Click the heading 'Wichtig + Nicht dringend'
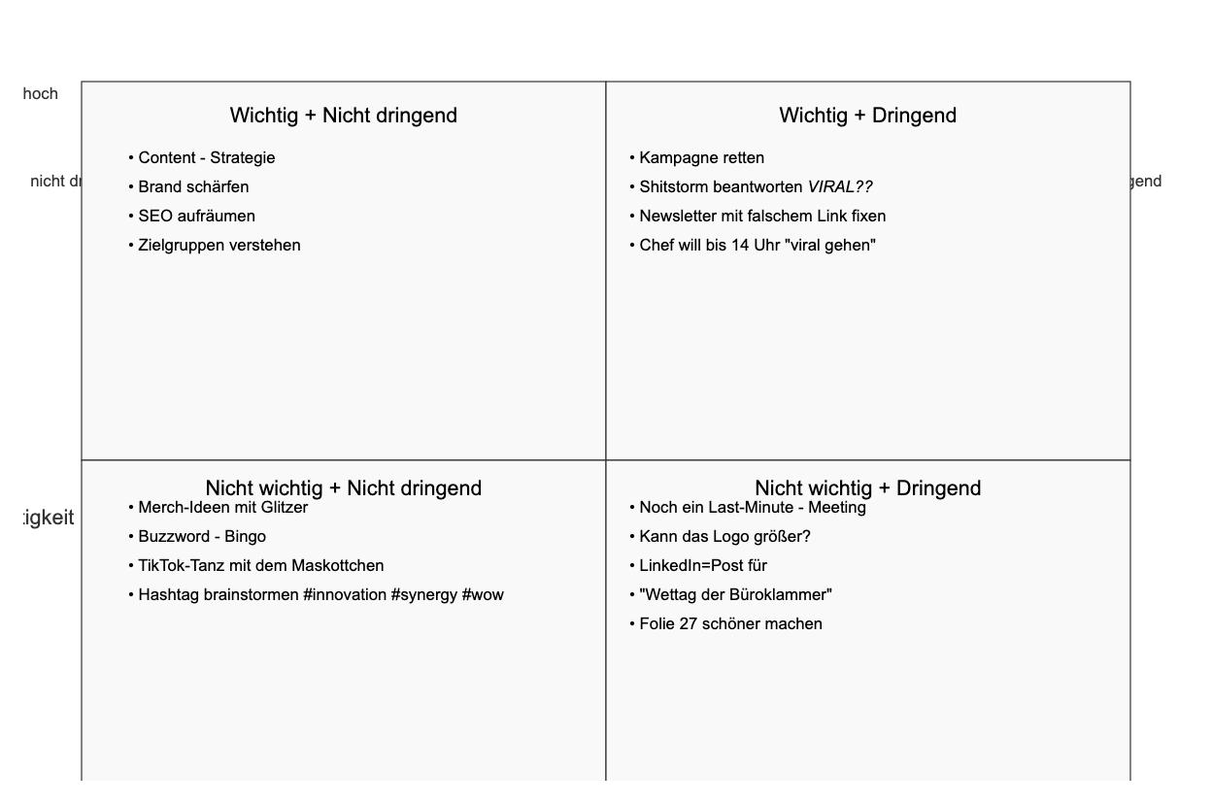(343, 116)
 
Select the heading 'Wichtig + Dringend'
(867, 116)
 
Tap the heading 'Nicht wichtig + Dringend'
(867, 487)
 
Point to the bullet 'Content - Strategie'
(206, 158)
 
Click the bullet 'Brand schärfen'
(193, 187)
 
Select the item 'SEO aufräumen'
(196, 217)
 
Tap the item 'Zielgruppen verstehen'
(219, 246)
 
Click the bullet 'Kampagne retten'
(701, 158)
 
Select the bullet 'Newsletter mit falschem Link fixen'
(762, 217)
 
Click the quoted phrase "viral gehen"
(830, 246)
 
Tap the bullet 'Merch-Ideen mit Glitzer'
(222, 508)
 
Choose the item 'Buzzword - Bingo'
(202, 537)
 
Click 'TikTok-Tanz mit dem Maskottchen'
(260, 566)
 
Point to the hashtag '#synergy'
(424, 595)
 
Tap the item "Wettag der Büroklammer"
(735, 595)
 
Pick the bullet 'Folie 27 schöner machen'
(730, 624)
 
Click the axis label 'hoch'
(40, 94)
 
